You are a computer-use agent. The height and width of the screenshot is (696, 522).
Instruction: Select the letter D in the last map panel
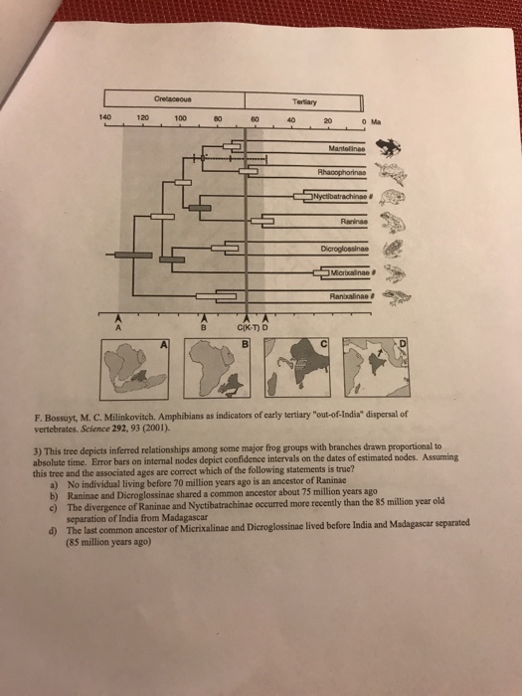point(401,344)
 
